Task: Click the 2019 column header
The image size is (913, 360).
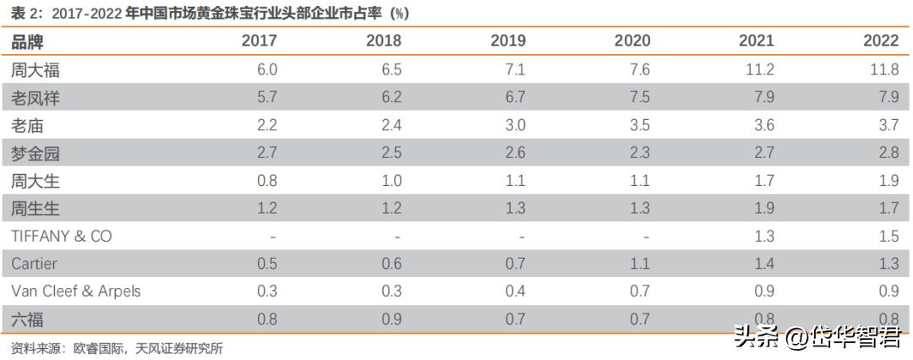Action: (508, 41)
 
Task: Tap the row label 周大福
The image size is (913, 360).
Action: (36, 70)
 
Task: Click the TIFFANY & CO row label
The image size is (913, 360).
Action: (62, 236)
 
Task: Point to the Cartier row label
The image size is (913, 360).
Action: (35, 264)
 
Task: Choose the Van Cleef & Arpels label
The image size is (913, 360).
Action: (76, 292)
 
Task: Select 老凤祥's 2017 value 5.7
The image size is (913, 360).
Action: (267, 98)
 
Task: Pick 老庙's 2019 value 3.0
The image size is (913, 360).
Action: (515, 126)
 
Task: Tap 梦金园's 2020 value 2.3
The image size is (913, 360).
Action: (639, 154)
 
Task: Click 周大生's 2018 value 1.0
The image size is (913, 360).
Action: (391, 181)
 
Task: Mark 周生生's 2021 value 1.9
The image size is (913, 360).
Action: (763, 209)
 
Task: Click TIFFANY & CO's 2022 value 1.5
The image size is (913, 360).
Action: (888, 237)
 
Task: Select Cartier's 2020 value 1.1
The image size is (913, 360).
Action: (639, 264)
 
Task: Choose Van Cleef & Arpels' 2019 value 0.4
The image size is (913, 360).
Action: (515, 292)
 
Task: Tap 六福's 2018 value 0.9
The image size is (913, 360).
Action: (391, 319)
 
